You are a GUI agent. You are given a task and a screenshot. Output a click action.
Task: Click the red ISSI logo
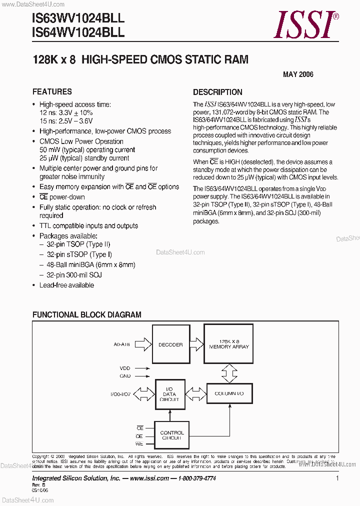[x=305, y=25]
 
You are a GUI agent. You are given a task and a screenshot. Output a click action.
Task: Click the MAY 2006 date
[x=298, y=74]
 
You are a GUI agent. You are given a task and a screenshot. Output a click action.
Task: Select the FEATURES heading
[x=52, y=91]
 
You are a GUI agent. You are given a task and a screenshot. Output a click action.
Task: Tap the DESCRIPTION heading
[x=217, y=92]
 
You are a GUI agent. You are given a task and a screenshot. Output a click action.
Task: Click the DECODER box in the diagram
[x=170, y=344]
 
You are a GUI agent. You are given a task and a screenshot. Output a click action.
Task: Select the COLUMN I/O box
[x=229, y=394]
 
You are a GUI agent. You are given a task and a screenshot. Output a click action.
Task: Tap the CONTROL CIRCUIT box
[x=172, y=435]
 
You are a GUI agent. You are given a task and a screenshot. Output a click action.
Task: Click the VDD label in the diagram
[x=125, y=368]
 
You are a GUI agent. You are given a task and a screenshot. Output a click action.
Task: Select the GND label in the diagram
[x=125, y=376]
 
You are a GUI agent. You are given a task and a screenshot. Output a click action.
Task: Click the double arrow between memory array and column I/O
[x=229, y=371]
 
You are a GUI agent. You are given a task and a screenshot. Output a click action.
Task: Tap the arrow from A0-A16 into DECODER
[x=143, y=344]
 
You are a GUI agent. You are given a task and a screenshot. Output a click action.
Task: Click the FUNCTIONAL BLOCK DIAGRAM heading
[x=87, y=315]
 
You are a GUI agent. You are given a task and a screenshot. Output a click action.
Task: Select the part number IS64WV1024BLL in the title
[x=78, y=32]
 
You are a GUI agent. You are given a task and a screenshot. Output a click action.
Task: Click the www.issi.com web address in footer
[x=148, y=478]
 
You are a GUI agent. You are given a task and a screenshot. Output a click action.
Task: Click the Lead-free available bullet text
[x=66, y=285]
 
